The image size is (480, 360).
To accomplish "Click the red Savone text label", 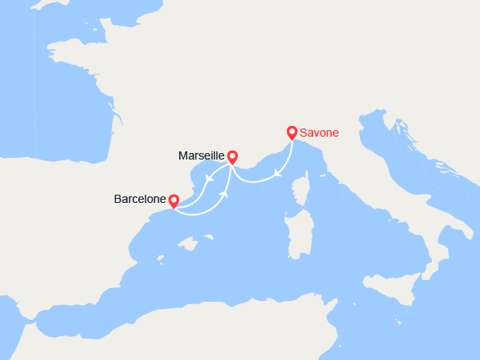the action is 319,133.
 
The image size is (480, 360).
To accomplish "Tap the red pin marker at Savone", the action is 292,132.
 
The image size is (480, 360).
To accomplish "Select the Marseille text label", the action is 201,155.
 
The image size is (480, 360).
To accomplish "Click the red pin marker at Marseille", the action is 232,156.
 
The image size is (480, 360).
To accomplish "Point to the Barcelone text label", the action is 140,199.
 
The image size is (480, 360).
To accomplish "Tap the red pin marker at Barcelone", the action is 173,200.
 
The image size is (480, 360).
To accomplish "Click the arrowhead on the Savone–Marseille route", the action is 279,173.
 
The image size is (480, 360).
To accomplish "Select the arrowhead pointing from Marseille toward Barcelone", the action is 210,178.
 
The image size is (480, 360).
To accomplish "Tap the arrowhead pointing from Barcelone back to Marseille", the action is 224,194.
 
